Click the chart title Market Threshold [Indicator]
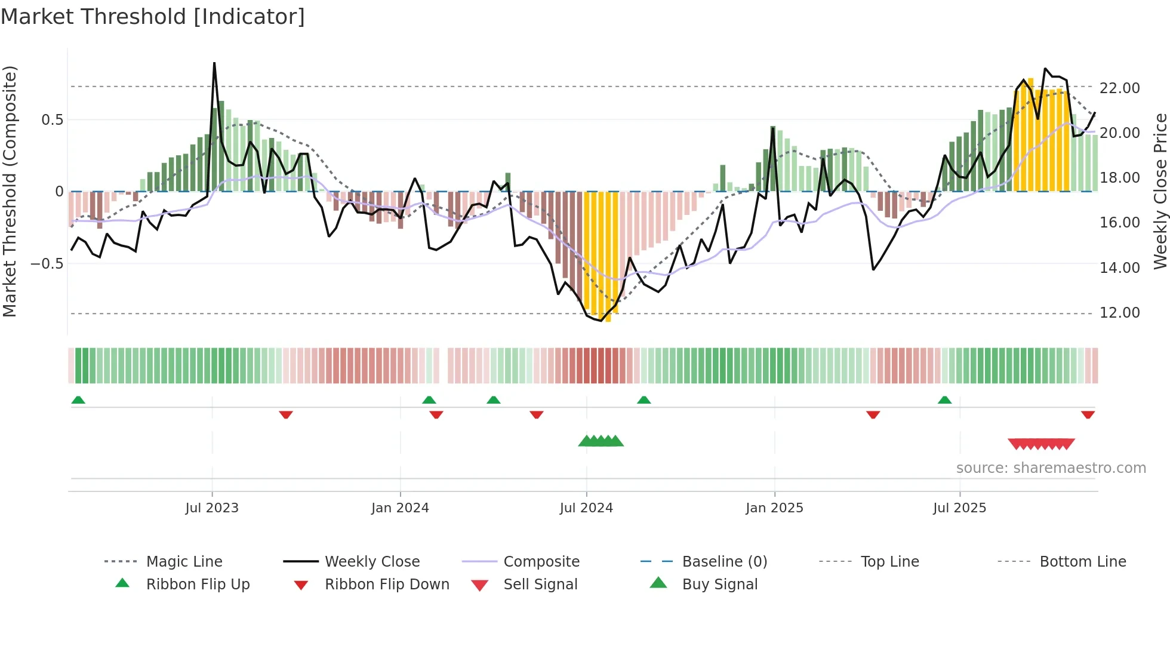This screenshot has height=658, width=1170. [153, 17]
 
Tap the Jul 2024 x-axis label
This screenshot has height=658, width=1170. [586, 508]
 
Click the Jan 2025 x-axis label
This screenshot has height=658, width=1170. [774, 508]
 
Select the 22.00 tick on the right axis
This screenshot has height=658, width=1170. [1119, 88]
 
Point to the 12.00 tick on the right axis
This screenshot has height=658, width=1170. [1119, 313]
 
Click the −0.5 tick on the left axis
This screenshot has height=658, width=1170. [47, 264]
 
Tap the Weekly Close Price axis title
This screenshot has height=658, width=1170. [1159, 191]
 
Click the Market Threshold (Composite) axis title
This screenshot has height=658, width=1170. [10, 191]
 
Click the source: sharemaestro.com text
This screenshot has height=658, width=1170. [1051, 468]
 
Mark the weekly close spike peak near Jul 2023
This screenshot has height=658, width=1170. [214, 63]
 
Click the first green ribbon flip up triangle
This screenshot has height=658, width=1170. [78, 400]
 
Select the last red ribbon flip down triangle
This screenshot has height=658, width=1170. [1088, 414]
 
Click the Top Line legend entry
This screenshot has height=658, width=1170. [889, 562]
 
